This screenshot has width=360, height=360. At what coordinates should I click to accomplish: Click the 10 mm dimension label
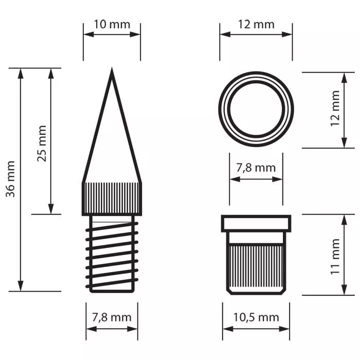pos(112,24)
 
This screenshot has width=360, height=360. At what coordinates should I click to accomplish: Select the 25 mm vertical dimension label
pos(42,143)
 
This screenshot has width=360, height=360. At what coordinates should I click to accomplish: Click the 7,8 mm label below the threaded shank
pos(112,317)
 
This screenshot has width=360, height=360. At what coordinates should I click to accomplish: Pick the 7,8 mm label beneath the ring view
pos(256,168)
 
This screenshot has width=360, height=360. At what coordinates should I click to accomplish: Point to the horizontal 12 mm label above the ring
pos(256,24)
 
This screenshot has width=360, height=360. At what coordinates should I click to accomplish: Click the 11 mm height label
pos(335,256)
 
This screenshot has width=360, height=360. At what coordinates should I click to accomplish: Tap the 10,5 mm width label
pos(256,317)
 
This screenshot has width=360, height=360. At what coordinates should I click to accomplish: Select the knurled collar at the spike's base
pos(112,198)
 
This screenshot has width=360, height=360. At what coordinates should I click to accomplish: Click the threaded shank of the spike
pos(112,252)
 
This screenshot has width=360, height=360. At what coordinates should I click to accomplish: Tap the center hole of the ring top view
pos(256,110)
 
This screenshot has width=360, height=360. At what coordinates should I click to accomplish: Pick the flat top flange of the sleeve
pos(256,223)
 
